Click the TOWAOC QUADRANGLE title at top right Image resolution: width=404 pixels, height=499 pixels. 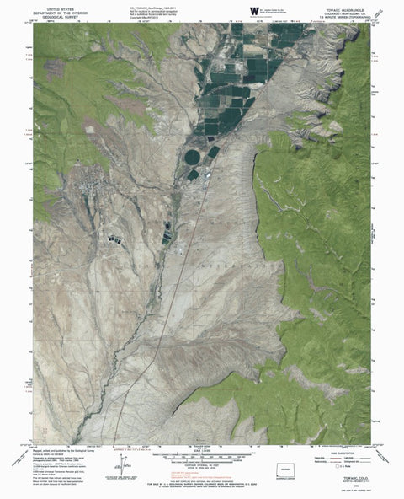point(347,6)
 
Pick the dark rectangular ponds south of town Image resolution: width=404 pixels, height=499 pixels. point(113,238)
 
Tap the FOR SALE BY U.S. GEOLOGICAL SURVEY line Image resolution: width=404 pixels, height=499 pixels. point(201,481)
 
